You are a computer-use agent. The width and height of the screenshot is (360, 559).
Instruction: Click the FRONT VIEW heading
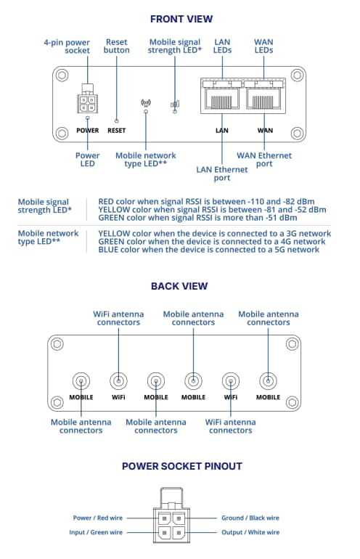[x=181, y=19]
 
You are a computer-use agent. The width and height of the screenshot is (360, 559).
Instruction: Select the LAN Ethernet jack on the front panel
[x=221, y=99]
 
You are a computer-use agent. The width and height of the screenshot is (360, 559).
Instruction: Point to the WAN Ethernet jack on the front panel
[x=265, y=99]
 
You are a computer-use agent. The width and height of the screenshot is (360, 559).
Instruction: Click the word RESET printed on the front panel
[x=116, y=131]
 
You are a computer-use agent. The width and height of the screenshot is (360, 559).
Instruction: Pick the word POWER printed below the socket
[x=87, y=131]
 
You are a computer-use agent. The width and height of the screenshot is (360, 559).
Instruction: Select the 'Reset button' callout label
[x=117, y=46]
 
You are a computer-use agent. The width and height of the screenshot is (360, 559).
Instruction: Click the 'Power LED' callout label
[x=87, y=160]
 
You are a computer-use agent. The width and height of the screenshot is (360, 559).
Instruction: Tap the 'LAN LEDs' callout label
[x=222, y=46]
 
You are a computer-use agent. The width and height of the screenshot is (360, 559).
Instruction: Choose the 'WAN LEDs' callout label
[x=264, y=46]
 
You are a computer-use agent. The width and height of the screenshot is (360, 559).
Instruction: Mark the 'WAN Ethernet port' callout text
[x=264, y=160]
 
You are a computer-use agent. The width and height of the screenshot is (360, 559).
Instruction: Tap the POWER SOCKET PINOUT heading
[x=181, y=466]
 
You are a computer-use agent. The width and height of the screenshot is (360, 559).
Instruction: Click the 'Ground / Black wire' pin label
[x=250, y=518]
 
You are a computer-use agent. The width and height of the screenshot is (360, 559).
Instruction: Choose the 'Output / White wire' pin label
[x=250, y=533]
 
